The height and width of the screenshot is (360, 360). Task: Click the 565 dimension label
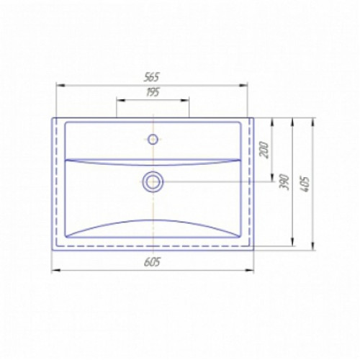(152, 77)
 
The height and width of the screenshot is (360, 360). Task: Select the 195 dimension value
(153, 92)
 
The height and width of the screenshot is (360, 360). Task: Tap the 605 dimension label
(152, 262)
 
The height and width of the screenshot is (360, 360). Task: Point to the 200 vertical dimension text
(264, 150)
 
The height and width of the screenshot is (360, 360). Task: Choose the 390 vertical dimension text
(285, 182)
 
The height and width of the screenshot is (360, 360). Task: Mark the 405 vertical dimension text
(305, 184)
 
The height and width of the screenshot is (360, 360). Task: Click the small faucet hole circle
(153, 139)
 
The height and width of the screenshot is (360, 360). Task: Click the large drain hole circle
(153, 181)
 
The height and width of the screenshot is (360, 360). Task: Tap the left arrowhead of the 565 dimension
(60, 85)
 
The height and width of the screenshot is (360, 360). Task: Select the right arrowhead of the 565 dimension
(243, 85)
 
